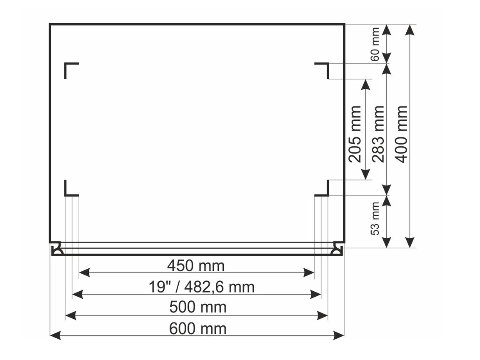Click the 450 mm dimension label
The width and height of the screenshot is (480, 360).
196,265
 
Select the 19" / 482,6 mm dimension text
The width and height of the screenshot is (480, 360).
202,287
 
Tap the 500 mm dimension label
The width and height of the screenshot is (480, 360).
198,307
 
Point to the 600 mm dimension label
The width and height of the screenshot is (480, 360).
198,329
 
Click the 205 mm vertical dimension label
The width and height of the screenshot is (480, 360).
355,134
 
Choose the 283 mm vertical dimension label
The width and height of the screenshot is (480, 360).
378,134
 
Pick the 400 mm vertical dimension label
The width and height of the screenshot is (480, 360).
401,134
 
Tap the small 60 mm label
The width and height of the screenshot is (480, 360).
375,44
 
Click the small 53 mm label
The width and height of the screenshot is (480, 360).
375,218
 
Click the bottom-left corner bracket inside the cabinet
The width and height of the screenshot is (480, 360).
70,190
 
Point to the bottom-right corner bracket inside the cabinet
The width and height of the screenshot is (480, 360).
323,190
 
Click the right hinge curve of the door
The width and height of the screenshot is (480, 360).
336,250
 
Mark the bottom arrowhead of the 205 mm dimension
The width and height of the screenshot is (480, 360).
365,175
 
